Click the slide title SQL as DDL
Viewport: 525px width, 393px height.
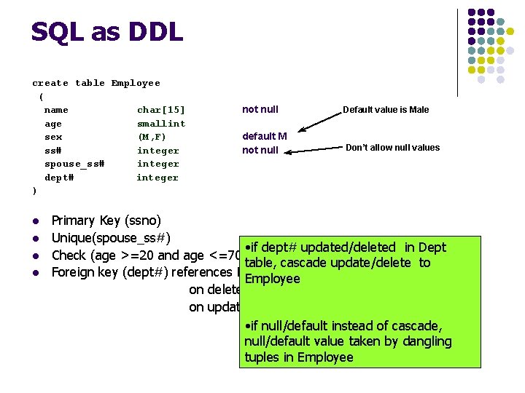pos(106,32)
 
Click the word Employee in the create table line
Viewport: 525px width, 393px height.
pos(136,83)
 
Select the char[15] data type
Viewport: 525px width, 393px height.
pos(161,110)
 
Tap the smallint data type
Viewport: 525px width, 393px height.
pos(161,124)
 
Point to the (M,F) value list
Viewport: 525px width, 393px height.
pos(152,137)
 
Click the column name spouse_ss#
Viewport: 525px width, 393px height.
pos(74,164)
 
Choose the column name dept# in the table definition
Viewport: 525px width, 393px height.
pos(59,178)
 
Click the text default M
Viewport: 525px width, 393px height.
pos(264,136)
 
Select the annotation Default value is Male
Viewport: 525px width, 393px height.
pos(386,110)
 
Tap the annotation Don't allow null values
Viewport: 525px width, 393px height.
pos(392,148)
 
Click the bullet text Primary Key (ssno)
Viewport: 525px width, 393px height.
pos(106,221)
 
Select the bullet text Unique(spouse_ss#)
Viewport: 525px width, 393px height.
pos(111,237)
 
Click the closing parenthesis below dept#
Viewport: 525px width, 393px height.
pos(34,191)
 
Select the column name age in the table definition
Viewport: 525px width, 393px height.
pos(53,124)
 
